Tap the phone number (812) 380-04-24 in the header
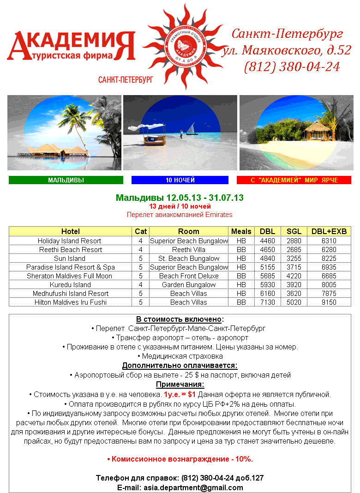coord(292,67)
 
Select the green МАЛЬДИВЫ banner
coord(66,180)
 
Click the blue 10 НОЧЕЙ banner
coord(180,180)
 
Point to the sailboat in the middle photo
coord(191,128)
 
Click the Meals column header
coord(241,231)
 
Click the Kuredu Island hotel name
coord(70,285)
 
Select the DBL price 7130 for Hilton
coord(268,302)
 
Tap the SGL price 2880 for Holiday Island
coord(294,241)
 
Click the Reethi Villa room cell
coord(188,250)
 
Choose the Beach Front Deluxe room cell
coord(188,276)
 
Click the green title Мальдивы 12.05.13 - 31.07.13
coord(180,198)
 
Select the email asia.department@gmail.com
coord(193,487)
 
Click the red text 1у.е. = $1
coord(180,395)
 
